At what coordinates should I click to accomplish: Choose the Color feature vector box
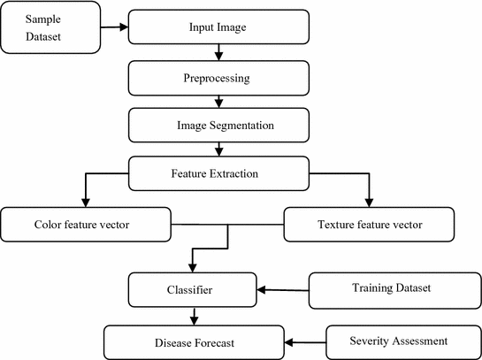click(x=84, y=224)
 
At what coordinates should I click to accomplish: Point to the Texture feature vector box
click(x=370, y=224)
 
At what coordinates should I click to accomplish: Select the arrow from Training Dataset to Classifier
click(x=284, y=288)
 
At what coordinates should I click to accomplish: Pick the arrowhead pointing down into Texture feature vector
click(x=371, y=202)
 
